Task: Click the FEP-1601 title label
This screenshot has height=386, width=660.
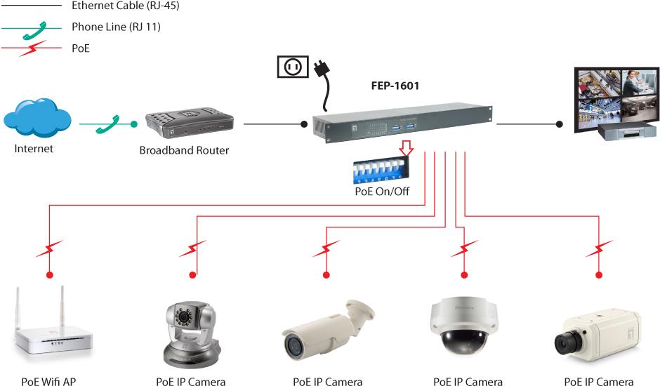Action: click(x=395, y=88)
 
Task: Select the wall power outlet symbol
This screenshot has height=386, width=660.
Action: click(x=292, y=67)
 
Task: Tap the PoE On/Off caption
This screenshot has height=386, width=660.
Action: click(x=382, y=192)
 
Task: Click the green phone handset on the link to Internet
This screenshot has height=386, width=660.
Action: click(x=108, y=124)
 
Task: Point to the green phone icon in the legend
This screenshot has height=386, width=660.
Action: click(x=32, y=28)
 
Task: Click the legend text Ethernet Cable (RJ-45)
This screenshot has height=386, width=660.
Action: click(x=120, y=6)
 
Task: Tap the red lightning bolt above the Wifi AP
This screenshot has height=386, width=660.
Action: click(x=50, y=248)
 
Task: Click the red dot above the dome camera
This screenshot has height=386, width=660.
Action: click(x=463, y=274)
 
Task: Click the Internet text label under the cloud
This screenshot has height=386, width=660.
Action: click(x=34, y=149)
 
